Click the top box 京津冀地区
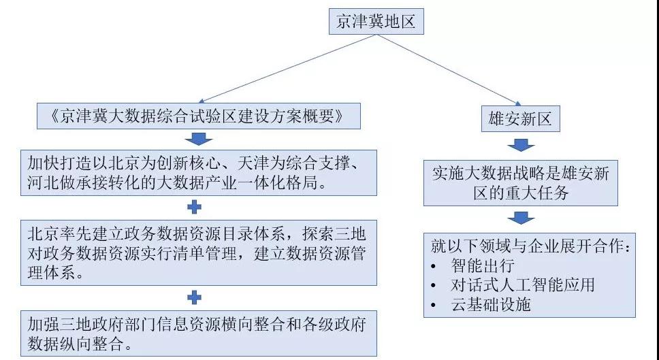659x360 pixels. (x=375, y=22)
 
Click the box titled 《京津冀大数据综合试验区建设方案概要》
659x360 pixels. (x=195, y=116)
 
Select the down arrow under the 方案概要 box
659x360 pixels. (x=196, y=139)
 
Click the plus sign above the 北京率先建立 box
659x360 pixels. (x=195, y=205)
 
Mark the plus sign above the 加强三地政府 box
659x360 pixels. (x=195, y=297)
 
